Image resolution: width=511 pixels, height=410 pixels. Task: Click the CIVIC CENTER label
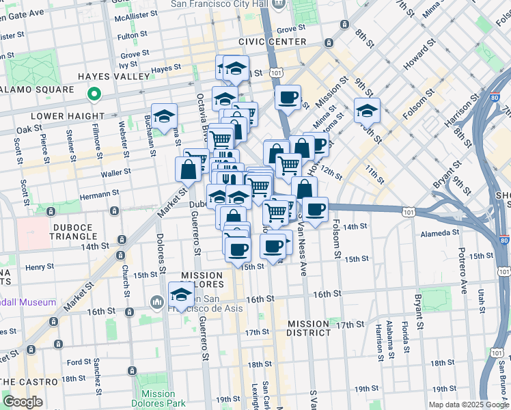273,42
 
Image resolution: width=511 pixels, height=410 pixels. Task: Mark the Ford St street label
79,361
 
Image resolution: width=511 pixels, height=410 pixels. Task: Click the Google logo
23,402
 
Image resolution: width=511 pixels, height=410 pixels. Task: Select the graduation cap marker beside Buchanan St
165,116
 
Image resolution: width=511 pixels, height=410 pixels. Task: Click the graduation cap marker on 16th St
180,295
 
